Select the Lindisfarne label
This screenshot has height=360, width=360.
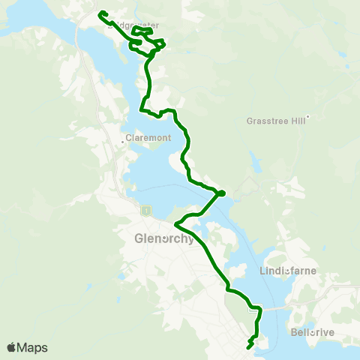click(x=288, y=271)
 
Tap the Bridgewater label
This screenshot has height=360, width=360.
click(x=135, y=25)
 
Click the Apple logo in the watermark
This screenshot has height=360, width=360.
click(x=11, y=347)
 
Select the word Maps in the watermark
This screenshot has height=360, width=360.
click(x=33, y=347)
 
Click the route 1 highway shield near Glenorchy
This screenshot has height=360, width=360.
click(x=145, y=211)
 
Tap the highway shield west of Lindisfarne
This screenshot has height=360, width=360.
click(x=255, y=307)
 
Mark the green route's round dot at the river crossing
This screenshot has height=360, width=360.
click(x=220, y=194)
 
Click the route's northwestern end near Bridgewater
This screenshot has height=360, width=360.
click(x=100, y=12)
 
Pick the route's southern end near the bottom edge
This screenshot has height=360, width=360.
click(x=248, y=347)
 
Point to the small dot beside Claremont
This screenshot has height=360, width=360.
click(x=122, y=141)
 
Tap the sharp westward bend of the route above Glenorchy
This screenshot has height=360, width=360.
click(x=175, y=223)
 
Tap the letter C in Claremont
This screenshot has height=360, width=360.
click(x=128, y=138)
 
